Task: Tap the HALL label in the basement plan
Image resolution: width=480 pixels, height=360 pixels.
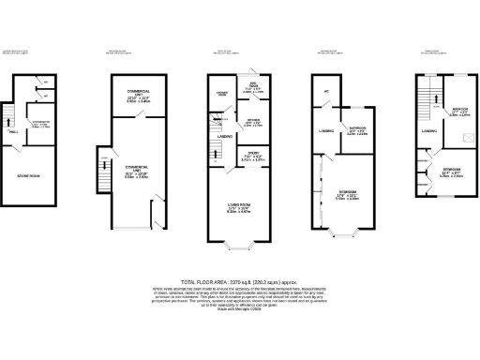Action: tap(16, 133)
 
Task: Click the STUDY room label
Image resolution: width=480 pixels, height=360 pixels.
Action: tap(254, 156)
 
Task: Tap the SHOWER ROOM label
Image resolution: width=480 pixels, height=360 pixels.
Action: tap(223, 94)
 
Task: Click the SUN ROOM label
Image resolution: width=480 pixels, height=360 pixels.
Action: tap(254, 88)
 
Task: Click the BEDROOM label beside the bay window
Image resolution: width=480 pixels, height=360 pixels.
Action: tap(348, 194)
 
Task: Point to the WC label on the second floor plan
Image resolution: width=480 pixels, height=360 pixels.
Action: tap(326, 91)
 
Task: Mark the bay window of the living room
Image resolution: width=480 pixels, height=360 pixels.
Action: tap(241, 248)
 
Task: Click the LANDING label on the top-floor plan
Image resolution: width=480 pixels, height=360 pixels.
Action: tap(428, 131)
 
